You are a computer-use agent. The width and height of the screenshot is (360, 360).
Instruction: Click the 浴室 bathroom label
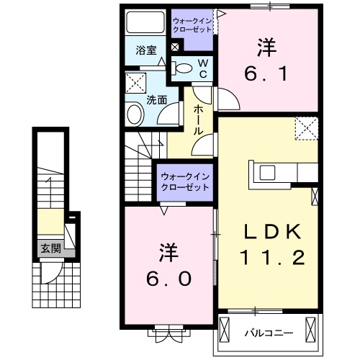coord(146,50)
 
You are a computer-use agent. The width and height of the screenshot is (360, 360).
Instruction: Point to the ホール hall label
coord(199,118)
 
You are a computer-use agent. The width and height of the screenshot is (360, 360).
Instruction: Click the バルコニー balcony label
coord(267,333)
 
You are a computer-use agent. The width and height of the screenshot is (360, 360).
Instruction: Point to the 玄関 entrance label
coord(50,249)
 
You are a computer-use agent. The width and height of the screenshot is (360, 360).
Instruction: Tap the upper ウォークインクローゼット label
coord(192,25)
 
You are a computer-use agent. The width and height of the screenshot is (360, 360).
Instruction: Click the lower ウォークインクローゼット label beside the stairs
coord(184,181)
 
